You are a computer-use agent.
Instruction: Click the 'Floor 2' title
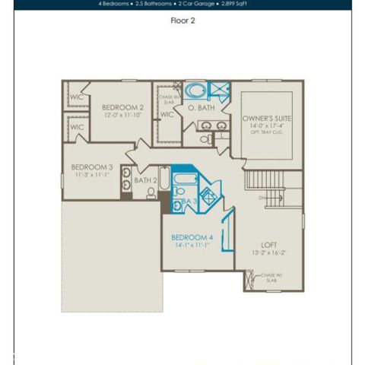click(x=182, y=21)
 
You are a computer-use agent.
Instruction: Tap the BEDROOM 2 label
click(x=122, y=109)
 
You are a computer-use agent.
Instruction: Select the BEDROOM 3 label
click(x=92, y=167)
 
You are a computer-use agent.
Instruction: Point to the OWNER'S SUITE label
click(x=267, y=120)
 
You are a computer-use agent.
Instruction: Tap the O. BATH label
click(x=202, y=109)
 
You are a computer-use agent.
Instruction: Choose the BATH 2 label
click(x=145, y=181)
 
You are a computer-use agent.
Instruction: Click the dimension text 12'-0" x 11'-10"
click(x=122, y=116)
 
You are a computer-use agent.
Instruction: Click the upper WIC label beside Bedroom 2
click(x=77, y=97)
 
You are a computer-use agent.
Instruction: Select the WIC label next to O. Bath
click(x=167, y=115)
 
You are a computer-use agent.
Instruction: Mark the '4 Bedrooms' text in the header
click(x=116, y=4)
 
